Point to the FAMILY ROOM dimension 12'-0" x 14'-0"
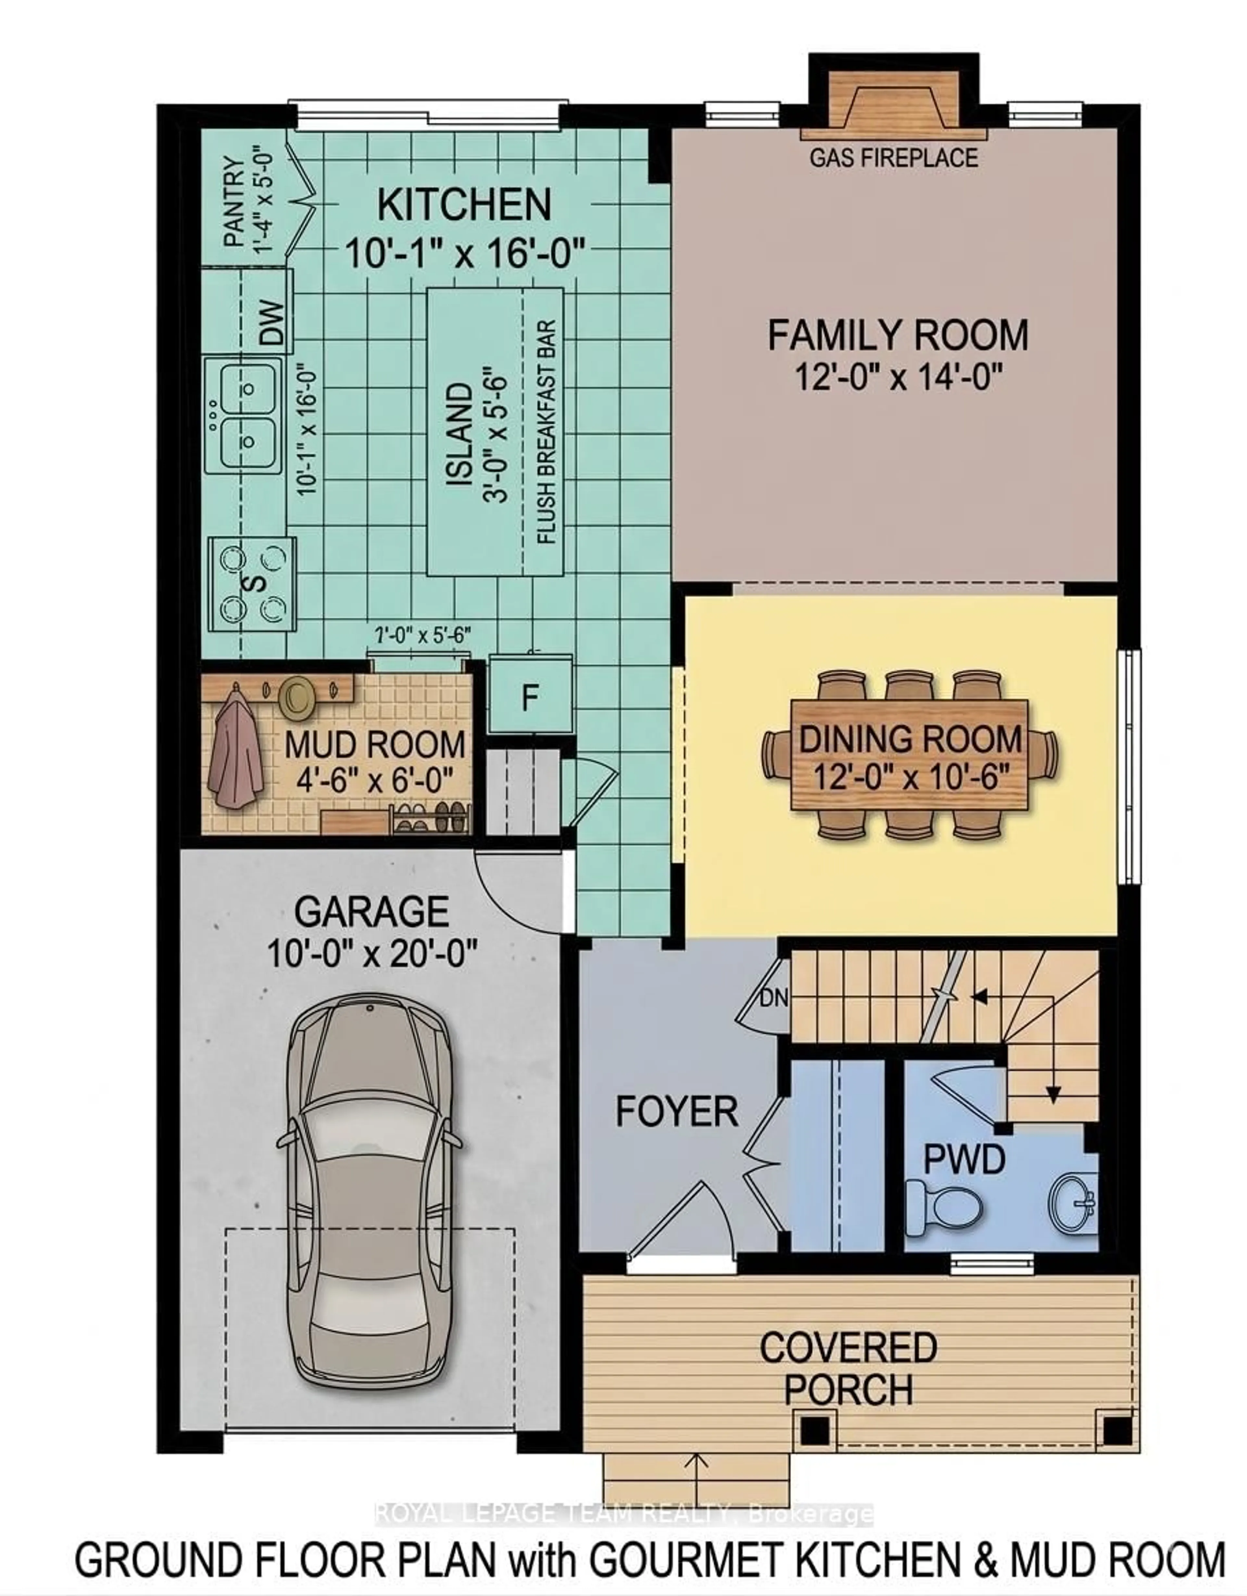pyautogui.click(x=897, y=378)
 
